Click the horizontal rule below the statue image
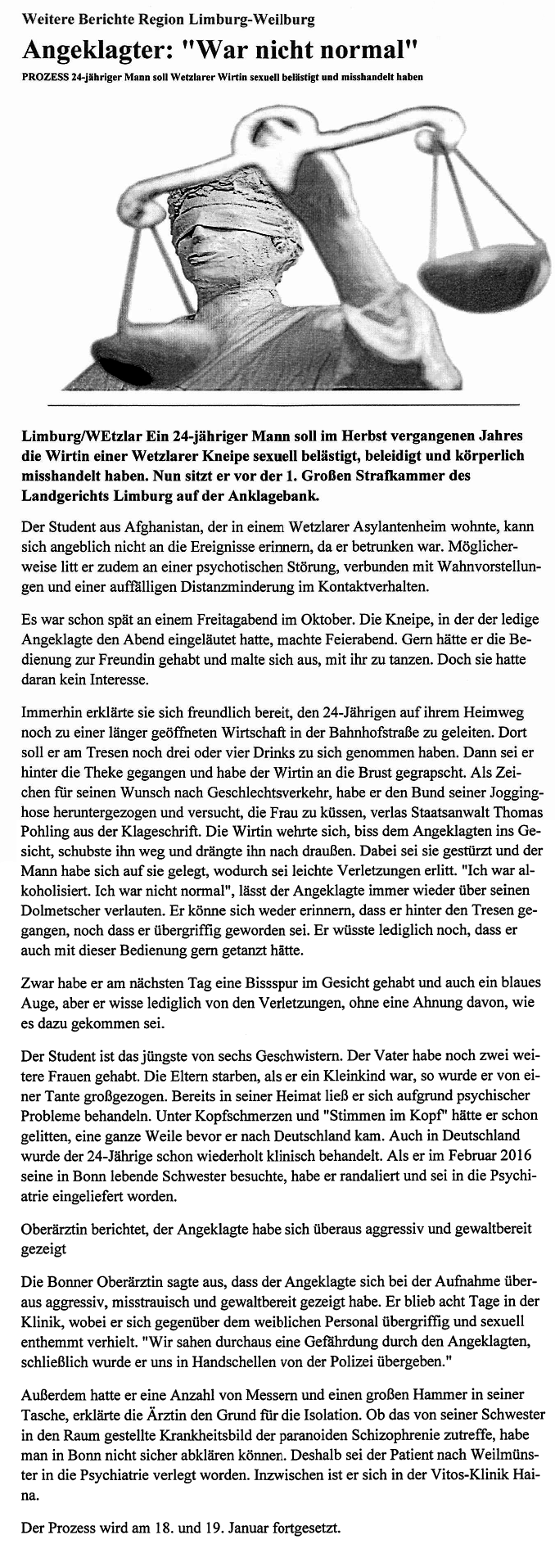coord(283,405)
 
